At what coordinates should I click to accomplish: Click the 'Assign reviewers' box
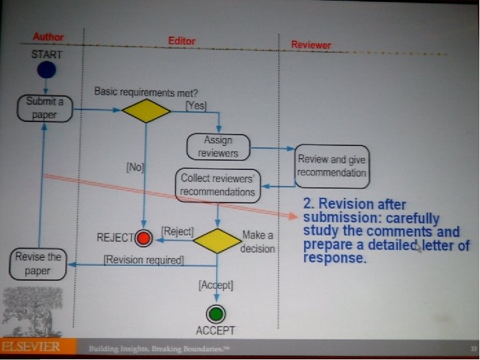(217, 147)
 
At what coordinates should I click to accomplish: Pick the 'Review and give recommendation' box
(331, 166)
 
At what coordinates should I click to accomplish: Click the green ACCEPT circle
(215, 313)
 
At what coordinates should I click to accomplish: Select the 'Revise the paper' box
(38, 263)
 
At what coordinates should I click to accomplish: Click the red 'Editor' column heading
(181, 41)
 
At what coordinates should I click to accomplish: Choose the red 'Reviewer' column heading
(311, 45)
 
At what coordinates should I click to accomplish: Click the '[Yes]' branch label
(195, 105)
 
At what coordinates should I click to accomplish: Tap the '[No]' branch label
(135, 168)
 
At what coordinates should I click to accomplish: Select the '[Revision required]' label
(143, 260)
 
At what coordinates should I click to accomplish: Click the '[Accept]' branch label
(216, 285)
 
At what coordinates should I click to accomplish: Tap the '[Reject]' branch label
(177, 231)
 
